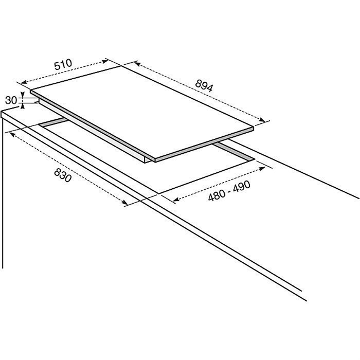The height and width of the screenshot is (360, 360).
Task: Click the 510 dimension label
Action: pyautogui.click(x=63, y=64)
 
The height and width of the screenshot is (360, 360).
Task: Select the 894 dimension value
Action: pyautogui.click(x=204, y=85)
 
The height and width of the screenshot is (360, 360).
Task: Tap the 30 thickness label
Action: pyautogui.click(x=11, y=100)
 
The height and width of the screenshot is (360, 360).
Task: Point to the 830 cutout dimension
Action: pyautogui.click(x=63, y=175)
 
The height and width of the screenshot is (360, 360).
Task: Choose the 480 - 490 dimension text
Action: pyautogui.click(x=229, y=191)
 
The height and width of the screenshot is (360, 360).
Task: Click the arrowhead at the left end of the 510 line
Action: pyautogui.click(x=24, y=82)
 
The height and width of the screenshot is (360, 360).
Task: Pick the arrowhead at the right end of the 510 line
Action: pyautogui.click(x=105, y=61)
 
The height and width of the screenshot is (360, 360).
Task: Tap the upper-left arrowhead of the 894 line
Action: pyautogui.click(x=137, y=63)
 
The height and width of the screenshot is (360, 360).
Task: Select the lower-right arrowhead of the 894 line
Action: pyautogui.click(x=262, y=120)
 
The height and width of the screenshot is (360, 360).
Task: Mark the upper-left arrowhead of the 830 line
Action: pyautogui.click(x=13, y=135)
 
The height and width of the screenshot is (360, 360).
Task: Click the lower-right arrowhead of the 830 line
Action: pyautogui.click(x=124, y=202)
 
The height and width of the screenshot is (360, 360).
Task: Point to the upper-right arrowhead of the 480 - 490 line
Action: pyautogui.click(x=262, y=169)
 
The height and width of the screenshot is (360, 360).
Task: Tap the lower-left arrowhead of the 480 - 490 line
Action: pyautogui.click(x=176, y=200)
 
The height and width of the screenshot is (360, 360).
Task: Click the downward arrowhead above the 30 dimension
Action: pyautogui.click(x=23, y=95)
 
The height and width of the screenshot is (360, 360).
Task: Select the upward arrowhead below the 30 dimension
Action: pyautogui.click(x=23, y=106)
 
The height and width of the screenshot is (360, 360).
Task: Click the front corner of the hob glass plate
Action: pyautogui.click(x=155, y=159)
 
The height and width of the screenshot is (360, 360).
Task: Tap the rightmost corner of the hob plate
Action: pyautogui.click(x=254, y=127)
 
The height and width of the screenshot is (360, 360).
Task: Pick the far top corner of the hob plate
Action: pyautogui.click(x=121, y=66)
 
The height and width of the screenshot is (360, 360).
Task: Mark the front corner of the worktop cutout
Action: pyautogui.click(x=158, y=193)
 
